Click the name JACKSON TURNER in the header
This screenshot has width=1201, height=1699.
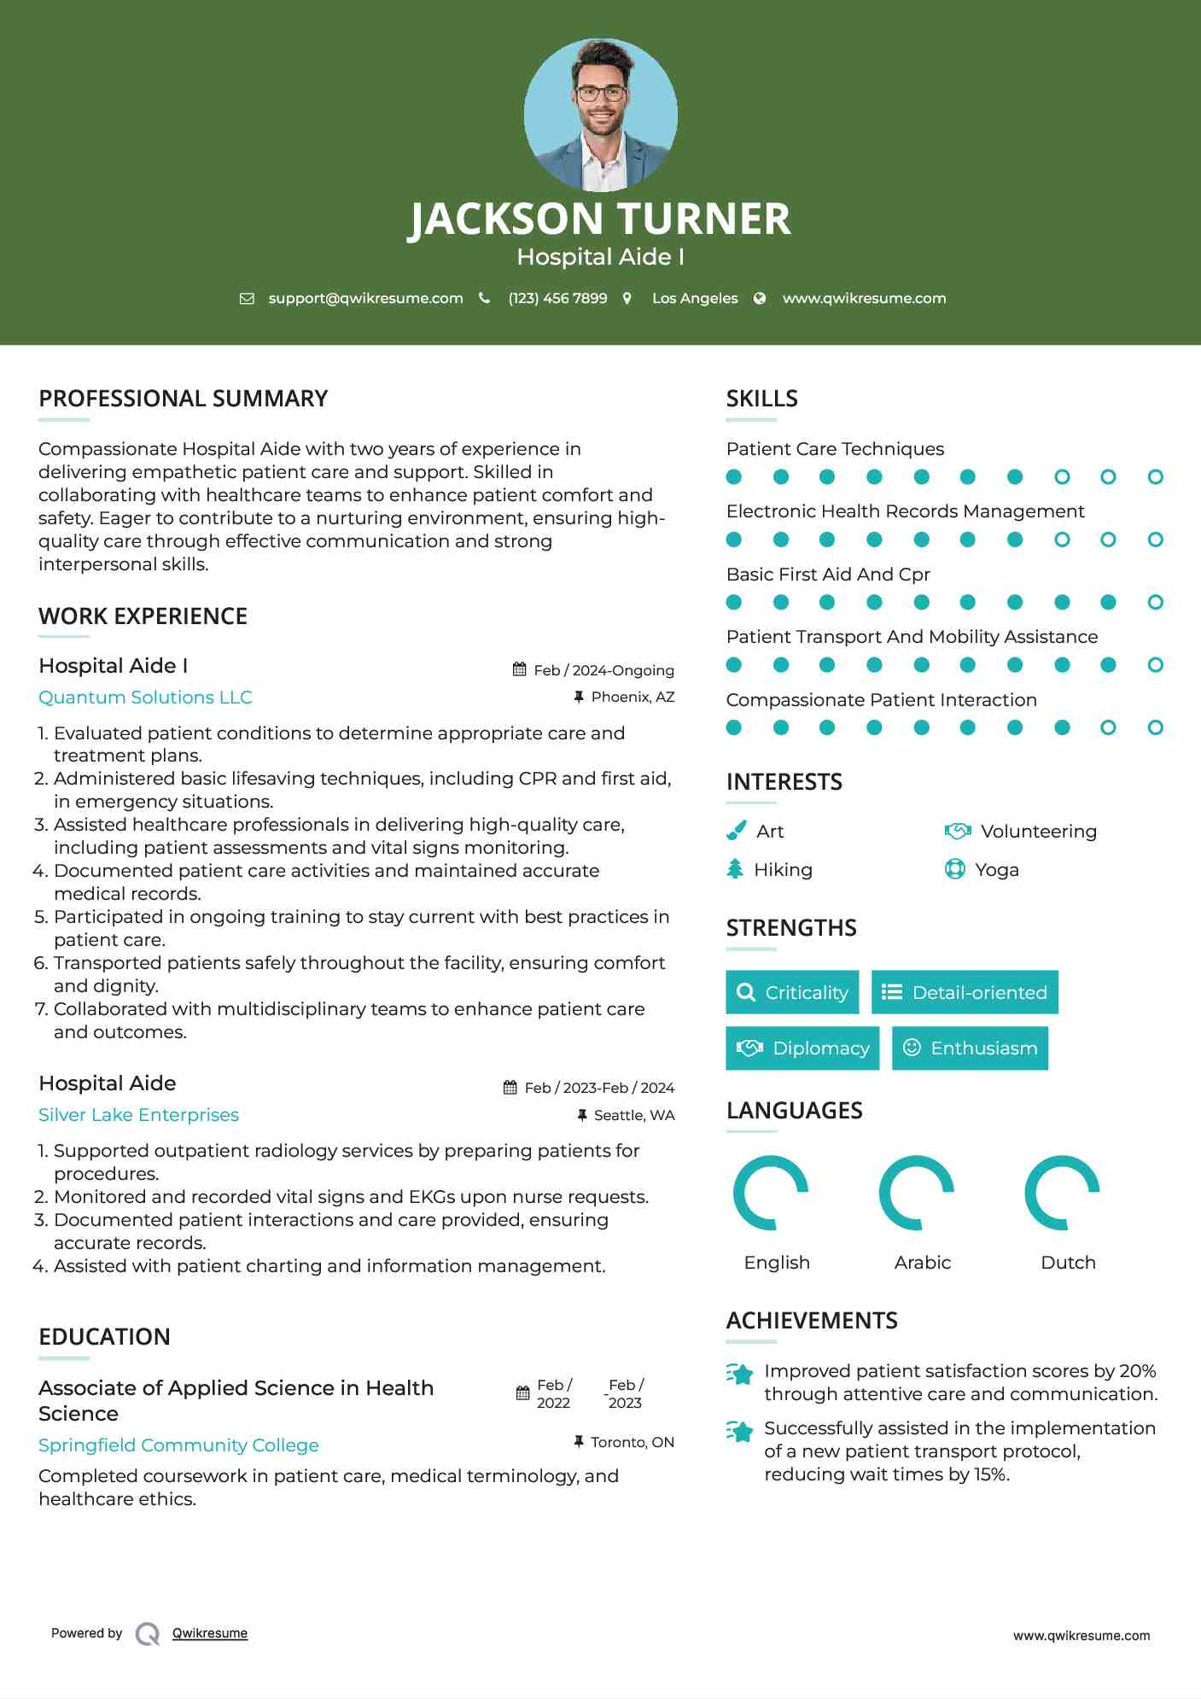click(x=599, y=219)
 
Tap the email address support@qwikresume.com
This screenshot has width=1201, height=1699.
click(x=365, y=298)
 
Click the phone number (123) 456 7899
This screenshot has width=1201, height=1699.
click(x=557, y=298)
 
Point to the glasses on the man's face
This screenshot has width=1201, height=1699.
click(x=600, y=92)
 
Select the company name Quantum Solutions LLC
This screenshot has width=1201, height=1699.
click(x=145, y=698)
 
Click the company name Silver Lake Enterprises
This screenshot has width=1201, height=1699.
click(x=138, y=1115)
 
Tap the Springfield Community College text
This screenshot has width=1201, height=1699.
click(x=178, y=1445)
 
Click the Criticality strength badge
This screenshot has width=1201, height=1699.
click(x=792, y=992)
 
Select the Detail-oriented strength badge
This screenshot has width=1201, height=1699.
click(x=965, y=992)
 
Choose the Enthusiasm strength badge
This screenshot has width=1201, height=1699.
click(x=970, y=1048)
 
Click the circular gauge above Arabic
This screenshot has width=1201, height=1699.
click(x=917, y=1193)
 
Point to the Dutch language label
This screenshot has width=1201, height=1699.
click(x=1068, y=1263)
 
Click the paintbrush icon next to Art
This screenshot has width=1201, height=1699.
click(x=736, y=831)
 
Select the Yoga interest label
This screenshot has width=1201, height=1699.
click(x=997, y=870)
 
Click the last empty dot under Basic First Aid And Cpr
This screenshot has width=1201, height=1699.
click(x=1155, y=603)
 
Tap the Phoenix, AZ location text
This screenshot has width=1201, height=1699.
click(x=633, y=698)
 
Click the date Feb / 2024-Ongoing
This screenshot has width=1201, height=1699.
click(x=603, y=670)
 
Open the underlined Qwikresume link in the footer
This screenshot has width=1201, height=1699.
click(x=210, y=1633)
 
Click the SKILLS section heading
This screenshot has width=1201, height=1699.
click(x=761, y=399)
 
